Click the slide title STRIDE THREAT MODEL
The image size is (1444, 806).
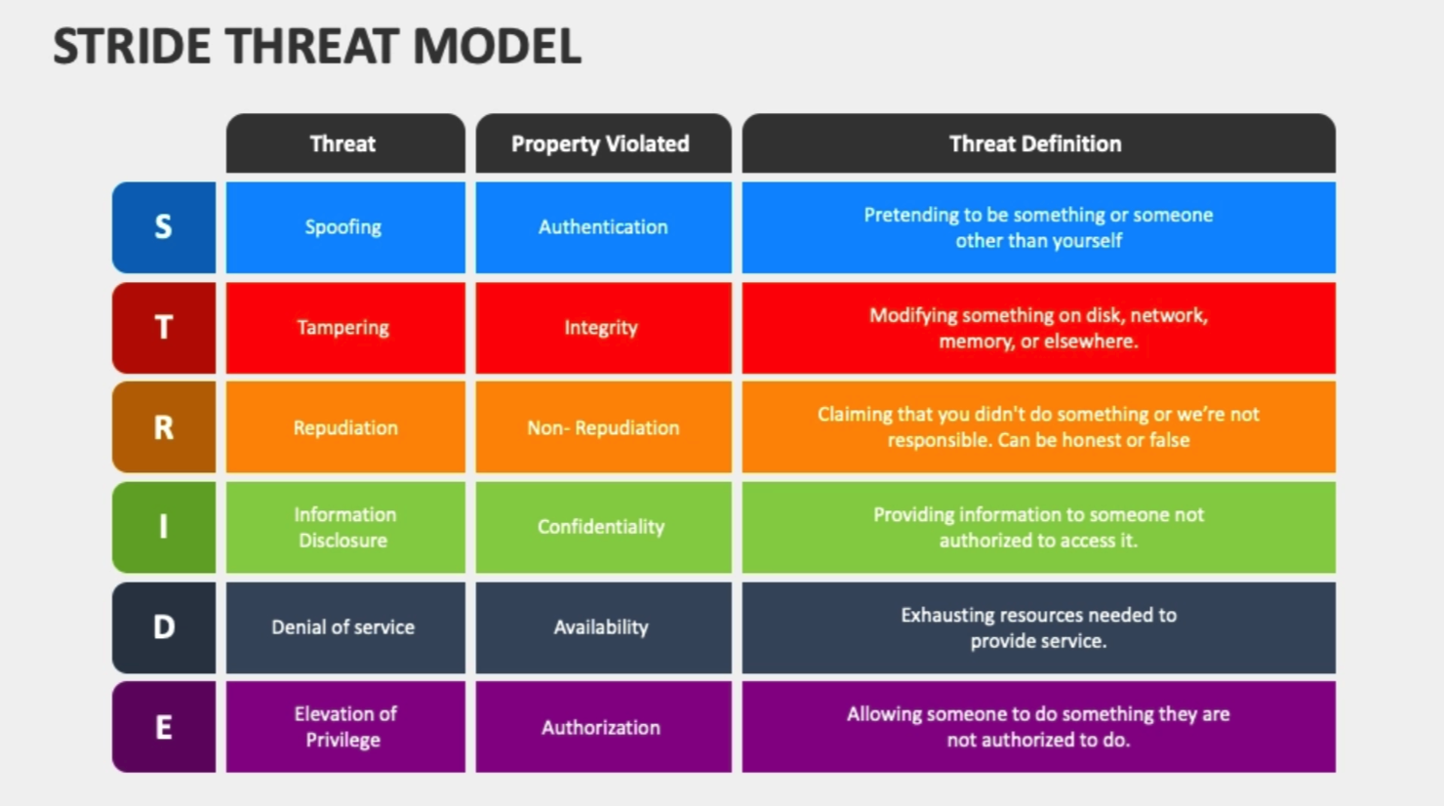(317, 47)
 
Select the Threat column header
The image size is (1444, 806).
(345, 143)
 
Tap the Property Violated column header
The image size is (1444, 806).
(603, 143)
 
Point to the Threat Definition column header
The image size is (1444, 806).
(1038, 143)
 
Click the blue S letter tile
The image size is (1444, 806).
(164, 227)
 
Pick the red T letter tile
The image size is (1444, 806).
(164, 328)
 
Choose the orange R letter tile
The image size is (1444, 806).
(164, 426)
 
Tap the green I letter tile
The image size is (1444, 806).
(164, 527)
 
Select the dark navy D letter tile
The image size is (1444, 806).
(164, 627)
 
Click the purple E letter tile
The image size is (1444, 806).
(164, 727)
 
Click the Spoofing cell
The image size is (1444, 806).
(345, 227)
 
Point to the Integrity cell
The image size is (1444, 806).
(603, 328)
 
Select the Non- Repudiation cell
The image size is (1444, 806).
(603, 426)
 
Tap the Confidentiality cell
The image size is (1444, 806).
(603, 527)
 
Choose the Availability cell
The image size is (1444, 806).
(603, 627)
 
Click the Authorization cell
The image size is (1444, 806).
(603, 727)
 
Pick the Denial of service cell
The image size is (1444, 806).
(345, 627)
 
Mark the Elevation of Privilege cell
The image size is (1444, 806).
(345, 727)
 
